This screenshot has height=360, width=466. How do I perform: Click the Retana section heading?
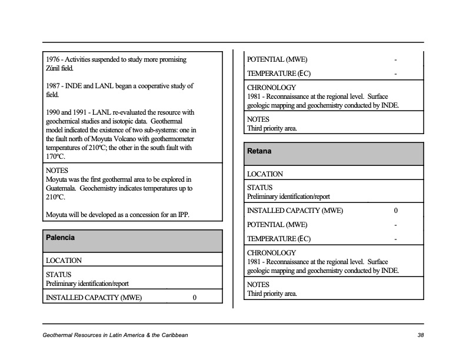pos(259,151)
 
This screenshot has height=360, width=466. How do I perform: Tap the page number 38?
pos(420,335)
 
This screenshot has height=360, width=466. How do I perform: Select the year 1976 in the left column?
pos(54,59)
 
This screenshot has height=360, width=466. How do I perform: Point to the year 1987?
pos(54,86)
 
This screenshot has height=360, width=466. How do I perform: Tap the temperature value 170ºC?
pos(56,156)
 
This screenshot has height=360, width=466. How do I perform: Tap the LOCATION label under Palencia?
pos(64,260)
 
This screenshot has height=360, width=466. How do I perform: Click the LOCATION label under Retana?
pos(265,174)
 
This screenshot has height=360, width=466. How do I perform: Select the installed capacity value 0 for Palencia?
pos(195,298)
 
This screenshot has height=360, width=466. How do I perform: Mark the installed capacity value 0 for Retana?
pos(395,211)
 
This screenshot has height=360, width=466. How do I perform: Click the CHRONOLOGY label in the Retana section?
pos(271,253)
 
